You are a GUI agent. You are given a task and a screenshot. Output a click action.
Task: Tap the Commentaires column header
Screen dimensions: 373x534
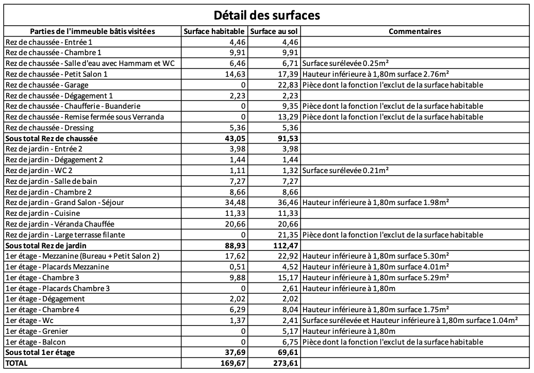coord(415,31)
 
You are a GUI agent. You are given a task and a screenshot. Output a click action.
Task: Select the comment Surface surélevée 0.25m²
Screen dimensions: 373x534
coord(345,63)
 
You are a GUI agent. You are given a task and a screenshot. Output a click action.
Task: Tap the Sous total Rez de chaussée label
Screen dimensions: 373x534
coord(52,139)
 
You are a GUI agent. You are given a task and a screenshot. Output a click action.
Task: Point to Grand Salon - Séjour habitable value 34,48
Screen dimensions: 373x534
coord(235,202)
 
